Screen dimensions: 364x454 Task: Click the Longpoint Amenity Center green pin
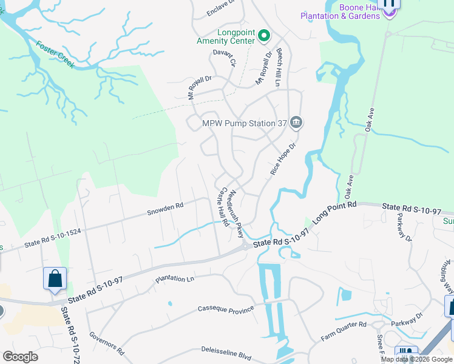[264, 36]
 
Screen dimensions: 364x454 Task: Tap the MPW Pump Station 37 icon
[296, 123]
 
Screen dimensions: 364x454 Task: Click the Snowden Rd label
[165, 209]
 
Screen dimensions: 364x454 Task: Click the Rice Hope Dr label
[282, 160]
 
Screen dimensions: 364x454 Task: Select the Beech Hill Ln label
[280, 67]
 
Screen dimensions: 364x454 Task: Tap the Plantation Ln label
[175, 279]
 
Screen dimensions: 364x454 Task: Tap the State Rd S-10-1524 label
[52, 237]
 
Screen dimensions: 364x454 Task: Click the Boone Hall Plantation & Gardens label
[342, 12]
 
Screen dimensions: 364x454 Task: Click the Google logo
[20, 356]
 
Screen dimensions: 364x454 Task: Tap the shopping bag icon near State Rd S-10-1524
[55, 279]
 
